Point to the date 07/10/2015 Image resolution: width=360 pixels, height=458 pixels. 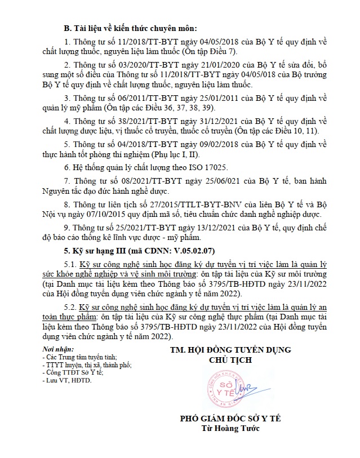pos(120,214)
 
